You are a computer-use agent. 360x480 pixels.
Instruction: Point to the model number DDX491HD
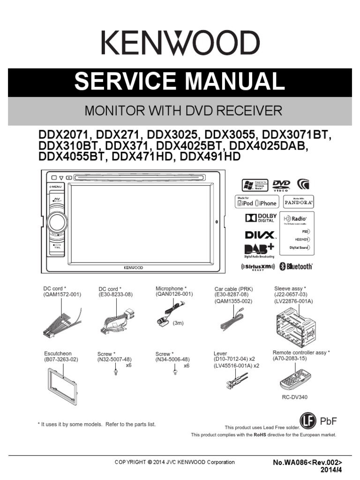[x=210, y=157]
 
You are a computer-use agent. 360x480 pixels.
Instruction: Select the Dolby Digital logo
[x=261, y=218]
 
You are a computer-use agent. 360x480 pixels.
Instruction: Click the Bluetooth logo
[x=296, y=267]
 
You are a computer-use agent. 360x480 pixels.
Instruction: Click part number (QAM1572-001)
[x=62, y=294]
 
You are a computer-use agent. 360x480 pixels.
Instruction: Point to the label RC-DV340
[x=295, y=397]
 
